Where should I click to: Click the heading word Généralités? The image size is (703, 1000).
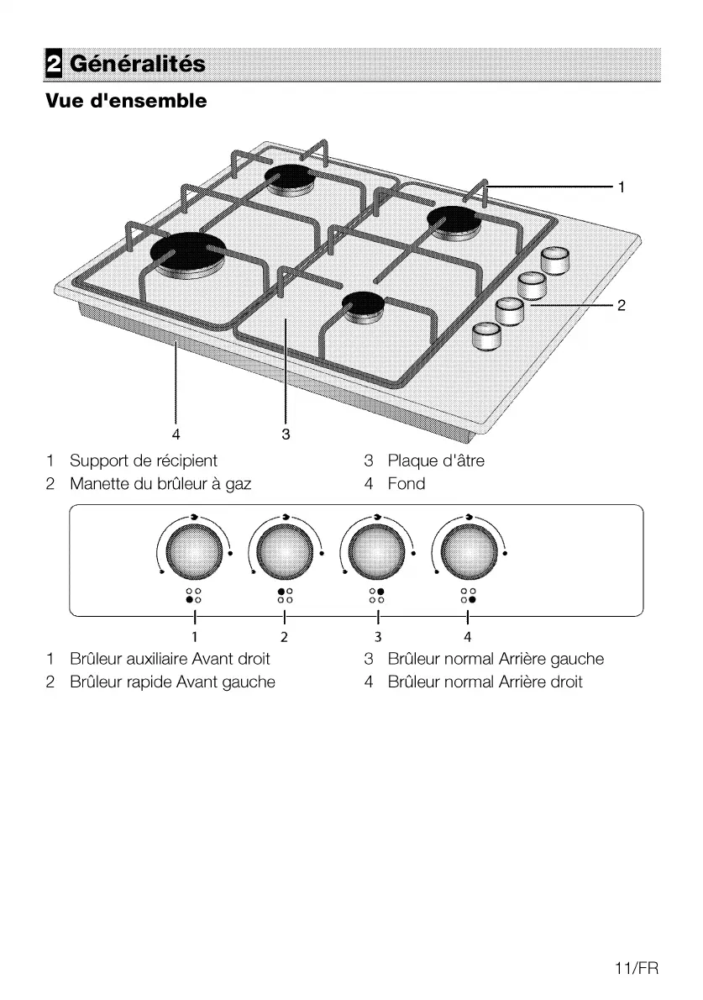click(x=138, y=64)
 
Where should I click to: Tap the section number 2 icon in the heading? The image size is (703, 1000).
click(x=54, y=64)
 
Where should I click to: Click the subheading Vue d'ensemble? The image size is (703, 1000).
click(x=126, y=102)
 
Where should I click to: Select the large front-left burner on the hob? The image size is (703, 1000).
click(x=188, y=252)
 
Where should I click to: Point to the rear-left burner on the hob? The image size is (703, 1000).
click(x=290, y=177)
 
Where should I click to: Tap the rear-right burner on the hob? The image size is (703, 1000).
click(x=454, y=220)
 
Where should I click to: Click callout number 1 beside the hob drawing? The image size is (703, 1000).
click(x=621, y=187)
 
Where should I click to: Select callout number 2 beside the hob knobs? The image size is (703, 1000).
click(x=621, y=306)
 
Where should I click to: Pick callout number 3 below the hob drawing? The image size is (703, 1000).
click(x=286, y=434)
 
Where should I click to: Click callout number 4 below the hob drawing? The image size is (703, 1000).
click(x=176, y=434)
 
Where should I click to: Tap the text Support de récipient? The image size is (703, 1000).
click(x=143, y=461)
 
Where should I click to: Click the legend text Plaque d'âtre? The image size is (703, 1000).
click(x=436, y=461)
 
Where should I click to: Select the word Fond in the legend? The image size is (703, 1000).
click(x=407, y=484)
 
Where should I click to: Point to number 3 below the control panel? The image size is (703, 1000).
click(x=378, y=637)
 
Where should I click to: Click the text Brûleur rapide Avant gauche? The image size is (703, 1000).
click(x=172, y=682)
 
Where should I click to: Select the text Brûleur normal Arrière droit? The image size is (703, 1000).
click(x=485, y=682)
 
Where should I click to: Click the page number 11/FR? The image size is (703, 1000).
click(x=637, y=969)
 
